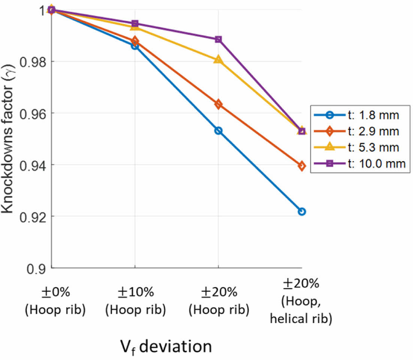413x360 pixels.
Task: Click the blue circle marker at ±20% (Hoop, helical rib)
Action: [302, 212]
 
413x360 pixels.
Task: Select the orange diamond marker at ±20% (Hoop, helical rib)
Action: [302, 166]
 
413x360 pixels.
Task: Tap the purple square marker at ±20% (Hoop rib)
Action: [218, 39]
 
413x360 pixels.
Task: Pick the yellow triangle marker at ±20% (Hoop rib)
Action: [218, 60]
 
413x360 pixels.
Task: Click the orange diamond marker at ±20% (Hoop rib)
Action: [218, 104]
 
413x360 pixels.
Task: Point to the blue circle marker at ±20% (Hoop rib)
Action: [218, 131]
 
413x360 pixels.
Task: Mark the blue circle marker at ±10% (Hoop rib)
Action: [135, 46]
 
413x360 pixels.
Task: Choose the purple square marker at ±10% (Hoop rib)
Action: [135, 24]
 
